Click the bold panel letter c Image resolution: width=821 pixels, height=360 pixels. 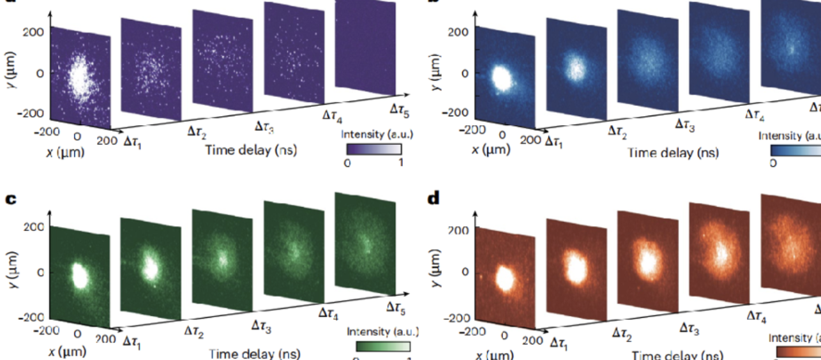[x=11, y=199]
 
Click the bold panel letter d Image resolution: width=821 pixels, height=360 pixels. [x=434, y=199]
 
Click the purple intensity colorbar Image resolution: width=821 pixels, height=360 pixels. [x=373, y=149]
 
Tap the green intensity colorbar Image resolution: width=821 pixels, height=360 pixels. [x=382, y=347]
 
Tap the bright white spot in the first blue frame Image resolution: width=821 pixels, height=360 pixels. [x=501, y=79]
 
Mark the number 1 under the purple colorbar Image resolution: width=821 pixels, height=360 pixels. [x=400, y=163]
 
